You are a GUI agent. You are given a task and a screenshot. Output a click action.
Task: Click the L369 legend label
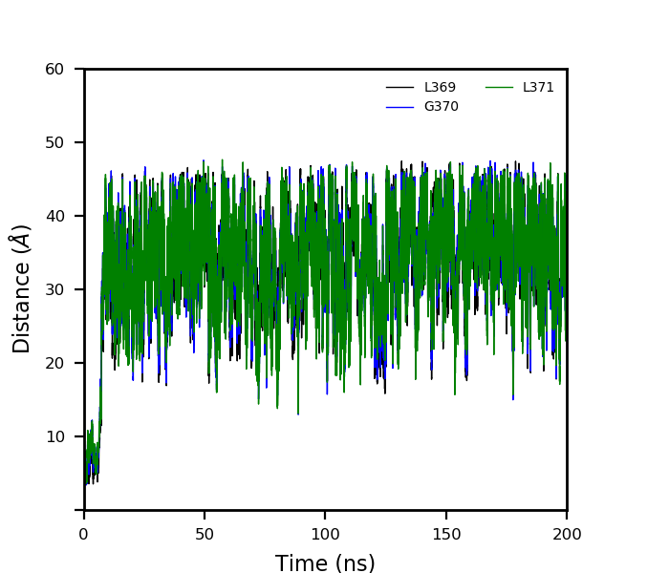[x=440, y=88]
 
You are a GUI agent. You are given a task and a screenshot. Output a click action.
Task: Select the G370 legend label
[x=441, y=107]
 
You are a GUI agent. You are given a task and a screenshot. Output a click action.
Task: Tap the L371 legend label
[x=538, y=88]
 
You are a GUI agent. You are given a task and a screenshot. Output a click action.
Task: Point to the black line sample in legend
[x=399, y=88]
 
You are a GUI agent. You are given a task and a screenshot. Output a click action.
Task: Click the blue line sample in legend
[x=399, y=107]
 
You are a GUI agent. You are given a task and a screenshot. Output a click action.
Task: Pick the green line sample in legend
[x=499, y=88]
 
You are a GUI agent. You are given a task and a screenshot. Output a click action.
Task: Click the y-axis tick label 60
[x=54, y=69]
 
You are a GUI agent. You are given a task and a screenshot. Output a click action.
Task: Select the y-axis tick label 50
[x=54, y=142]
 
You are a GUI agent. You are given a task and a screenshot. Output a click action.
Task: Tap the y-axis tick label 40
[x=54, y=216]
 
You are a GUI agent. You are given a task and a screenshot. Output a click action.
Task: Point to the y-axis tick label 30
[x=54, y=289]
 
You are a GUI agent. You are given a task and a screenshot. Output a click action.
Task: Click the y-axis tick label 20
[x=54, y=363]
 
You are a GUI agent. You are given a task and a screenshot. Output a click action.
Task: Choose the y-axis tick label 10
[x=54, y=436]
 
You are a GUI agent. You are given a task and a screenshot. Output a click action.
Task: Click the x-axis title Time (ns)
[x=325, y=563]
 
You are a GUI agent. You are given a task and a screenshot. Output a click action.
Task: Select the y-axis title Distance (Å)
[x=22, y=288]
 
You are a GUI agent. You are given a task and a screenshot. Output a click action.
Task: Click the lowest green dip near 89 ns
[x=298, y=414]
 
